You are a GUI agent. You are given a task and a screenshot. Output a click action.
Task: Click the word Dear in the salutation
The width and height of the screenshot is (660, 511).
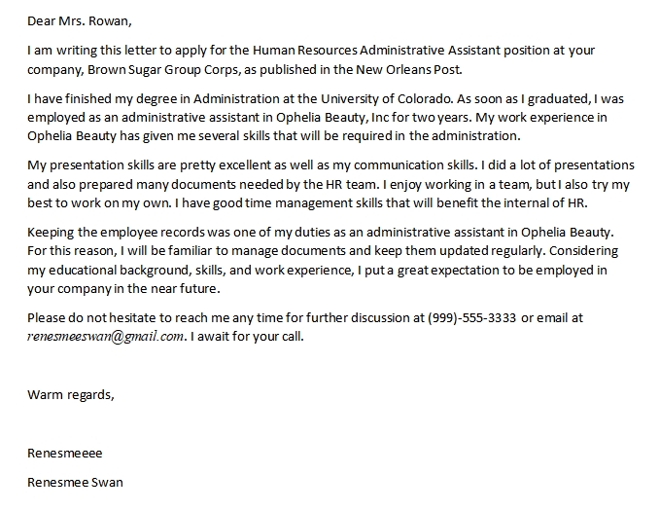(x=42, y=19)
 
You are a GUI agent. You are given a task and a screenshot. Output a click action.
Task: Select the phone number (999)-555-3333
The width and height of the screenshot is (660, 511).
(x=471, y=318)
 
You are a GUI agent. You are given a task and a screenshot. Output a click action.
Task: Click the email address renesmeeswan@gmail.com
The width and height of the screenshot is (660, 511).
(x=106, y=337)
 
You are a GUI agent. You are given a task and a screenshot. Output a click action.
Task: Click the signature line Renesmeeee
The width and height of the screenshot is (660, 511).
(x=65, y=453)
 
